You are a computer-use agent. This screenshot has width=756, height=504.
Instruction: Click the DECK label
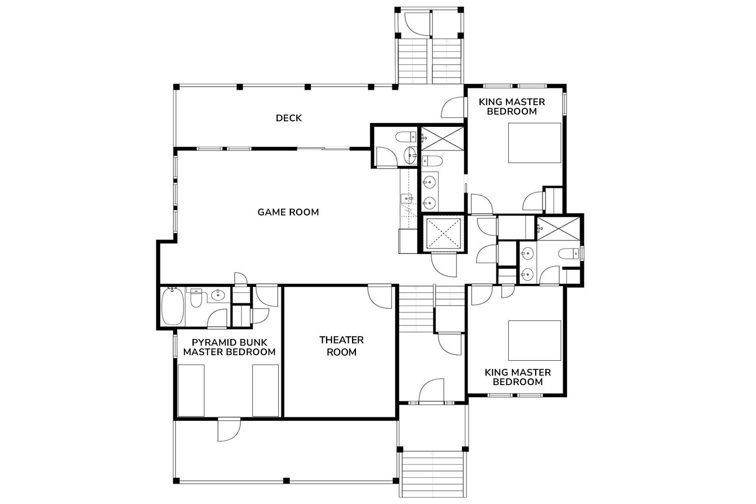click(x=289, y=118)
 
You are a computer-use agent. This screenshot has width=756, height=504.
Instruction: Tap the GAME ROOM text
click(x=288, y=212)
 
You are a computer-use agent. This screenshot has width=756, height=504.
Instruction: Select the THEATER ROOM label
click(x=341, y=346)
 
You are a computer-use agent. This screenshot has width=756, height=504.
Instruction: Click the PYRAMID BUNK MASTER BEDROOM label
click(x=229, y=347)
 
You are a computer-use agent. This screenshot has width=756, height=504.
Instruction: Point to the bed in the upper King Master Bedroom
click(x=534, y=143)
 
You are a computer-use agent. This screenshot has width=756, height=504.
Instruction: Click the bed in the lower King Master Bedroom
click(x=534, y=340)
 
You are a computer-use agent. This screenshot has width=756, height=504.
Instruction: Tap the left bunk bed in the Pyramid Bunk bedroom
click(x=191, y=390)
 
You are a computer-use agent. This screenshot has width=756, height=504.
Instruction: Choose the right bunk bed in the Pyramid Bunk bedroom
click(x=265, y=390)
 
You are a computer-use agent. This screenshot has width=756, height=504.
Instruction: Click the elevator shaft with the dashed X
click(x=443, y=233)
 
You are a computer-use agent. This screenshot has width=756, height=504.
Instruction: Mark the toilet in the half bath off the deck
click(x=406, y=137)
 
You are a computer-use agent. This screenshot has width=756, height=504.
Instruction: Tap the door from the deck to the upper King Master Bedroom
click(x=453, y=107)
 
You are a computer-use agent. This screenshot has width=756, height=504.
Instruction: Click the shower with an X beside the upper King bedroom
click(x=443, y=138)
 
